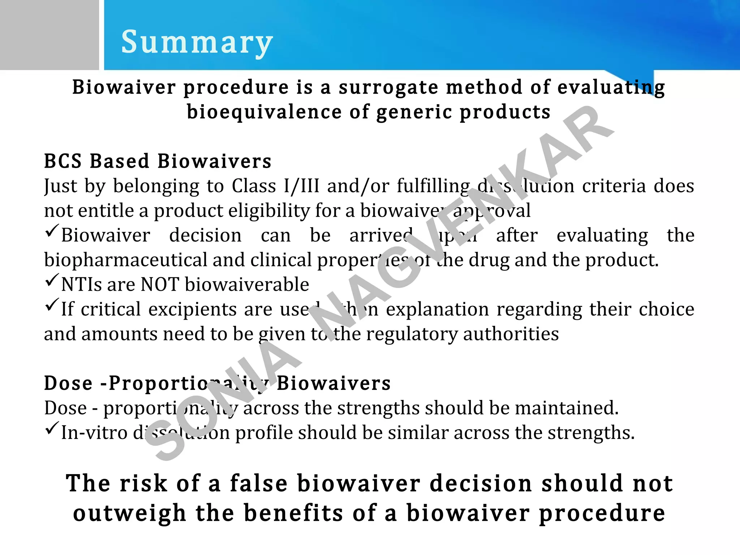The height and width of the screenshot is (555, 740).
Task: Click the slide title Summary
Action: click(x=197, y=43)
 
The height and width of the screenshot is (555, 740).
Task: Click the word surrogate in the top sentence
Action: click(x=388, y=88)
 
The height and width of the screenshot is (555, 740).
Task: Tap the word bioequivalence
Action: click(x=264, y=112)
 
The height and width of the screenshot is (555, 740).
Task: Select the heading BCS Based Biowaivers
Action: click(x=158, y=161)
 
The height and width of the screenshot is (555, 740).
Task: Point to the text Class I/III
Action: click(x=275, y=186)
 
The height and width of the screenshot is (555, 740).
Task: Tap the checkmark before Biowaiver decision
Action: click(x=52, y=231)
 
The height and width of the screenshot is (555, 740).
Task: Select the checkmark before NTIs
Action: click(x=52, y=280)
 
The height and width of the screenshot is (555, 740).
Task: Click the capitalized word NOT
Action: click(x=160, y=285)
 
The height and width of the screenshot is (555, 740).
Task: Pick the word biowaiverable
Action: click(x=247, y=285)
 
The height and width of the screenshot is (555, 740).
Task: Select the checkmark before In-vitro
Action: click(x=52, y=428)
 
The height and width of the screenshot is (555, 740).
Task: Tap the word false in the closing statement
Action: click(x=259, y=483)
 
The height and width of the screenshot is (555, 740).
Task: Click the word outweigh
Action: click(x=129, y=513)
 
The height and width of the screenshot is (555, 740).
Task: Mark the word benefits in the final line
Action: click(x=293, y=513)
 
